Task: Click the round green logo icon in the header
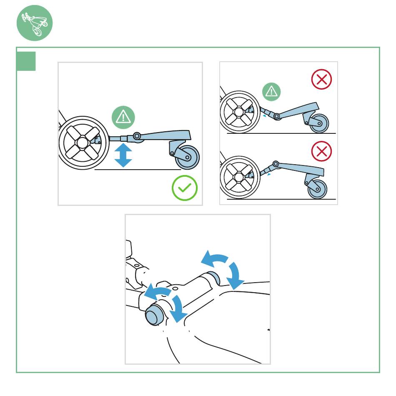[35, 23]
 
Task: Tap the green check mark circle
[185, 188]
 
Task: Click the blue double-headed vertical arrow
[123, 155]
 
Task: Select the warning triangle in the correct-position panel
[123, 117]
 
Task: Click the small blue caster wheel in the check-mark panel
[187, 158]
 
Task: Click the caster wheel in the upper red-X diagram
[319, 123]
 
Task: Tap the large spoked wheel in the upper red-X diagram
[238, 113]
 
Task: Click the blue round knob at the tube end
[153, 316]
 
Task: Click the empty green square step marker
[26, 61]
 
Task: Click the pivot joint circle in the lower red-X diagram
[275, 164]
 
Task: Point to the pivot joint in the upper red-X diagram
[276, 116]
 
